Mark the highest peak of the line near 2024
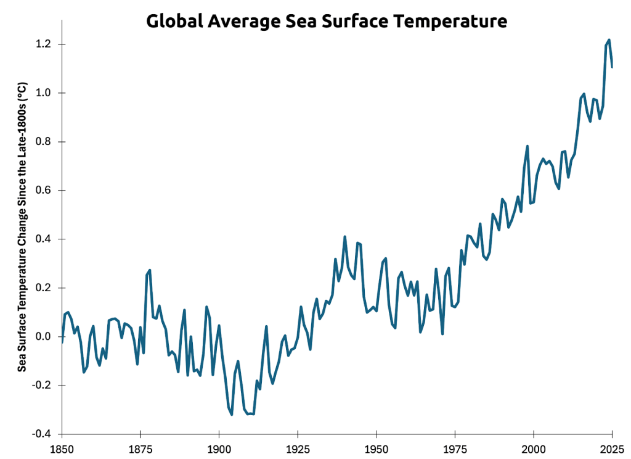[x=609, y=40]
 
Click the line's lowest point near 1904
[x=232, y=415]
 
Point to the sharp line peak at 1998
[x=527, y=146]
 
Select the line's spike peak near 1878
[x=150, y=270]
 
